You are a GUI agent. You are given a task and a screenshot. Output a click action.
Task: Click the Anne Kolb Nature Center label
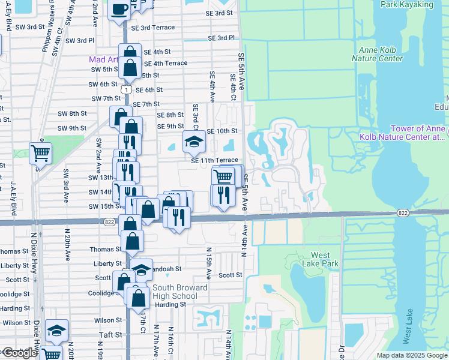coord(380,54)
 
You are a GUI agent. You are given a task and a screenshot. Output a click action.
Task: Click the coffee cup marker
coord(119,9)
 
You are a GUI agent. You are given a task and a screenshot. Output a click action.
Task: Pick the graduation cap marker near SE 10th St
coord(194,142)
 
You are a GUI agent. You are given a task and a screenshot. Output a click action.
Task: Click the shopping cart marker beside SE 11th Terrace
coord(223,176)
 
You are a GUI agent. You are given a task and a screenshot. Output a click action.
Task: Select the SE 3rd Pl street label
coord(221,38)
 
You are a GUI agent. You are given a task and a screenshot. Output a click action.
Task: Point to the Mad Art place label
coord(103,59)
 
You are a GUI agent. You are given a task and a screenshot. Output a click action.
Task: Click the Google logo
coord(19,353)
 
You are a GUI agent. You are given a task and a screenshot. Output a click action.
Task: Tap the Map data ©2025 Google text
coord(412,355)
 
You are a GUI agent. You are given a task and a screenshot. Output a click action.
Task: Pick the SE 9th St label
coord(170,126)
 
